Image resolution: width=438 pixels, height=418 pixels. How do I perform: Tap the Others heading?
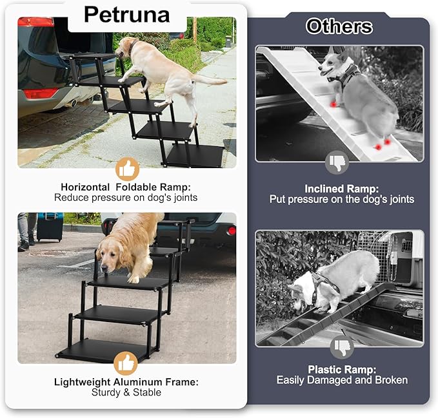[x=339, y=26]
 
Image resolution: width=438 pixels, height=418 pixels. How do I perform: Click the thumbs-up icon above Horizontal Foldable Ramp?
[x=127, y=169]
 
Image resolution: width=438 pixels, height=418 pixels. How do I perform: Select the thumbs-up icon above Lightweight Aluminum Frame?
[x=126, y=363]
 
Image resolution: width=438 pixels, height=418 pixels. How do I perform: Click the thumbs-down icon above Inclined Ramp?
[x=337, y=162]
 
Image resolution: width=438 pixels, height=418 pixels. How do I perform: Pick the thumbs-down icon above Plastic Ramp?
[x=342, y=348]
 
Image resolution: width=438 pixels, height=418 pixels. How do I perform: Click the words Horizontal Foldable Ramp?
[x=126, y=187]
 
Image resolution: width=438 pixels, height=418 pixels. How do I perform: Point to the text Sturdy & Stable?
[x=126, y=392]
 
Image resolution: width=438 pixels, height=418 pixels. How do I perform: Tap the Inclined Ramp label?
[x=341, y=189]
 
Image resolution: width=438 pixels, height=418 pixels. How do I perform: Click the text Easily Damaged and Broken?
[x=342, y=380]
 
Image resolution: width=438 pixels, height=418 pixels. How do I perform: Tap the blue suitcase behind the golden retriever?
[x=50, y=227]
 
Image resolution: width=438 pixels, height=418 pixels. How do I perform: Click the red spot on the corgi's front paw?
[x=333, y=103]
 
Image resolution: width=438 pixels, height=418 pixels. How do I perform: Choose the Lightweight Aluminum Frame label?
[x=126, y=382]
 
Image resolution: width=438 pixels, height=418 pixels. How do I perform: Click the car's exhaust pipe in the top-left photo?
[x=73, y=102]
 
